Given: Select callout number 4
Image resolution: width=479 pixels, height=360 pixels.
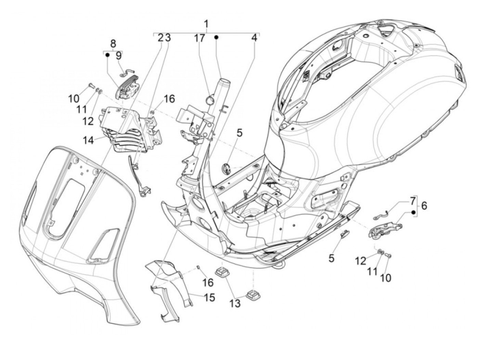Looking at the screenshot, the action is coord(254,38).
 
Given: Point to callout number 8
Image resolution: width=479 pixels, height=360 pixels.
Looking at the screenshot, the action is coord(113,44).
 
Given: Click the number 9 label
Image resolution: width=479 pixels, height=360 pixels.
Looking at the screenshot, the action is coord(118,56).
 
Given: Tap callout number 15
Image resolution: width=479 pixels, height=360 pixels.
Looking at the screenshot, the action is coord(209,298).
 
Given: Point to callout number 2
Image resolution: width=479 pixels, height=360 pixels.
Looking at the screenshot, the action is coord(160,38).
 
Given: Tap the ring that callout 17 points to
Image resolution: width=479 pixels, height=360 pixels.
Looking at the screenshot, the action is coord(210,101).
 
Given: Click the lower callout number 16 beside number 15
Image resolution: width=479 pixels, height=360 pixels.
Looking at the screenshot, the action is coord(208,282).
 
